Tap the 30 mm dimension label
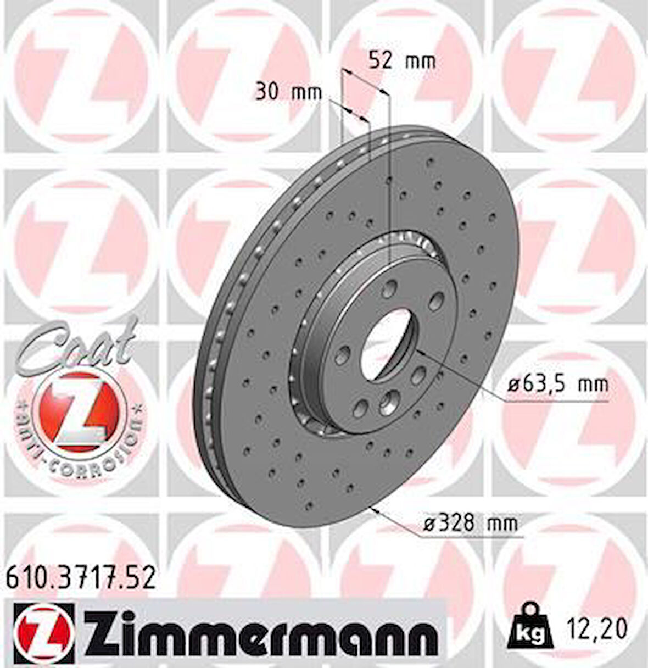click(x=288, y=92)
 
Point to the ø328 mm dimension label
click(x=470, y=523)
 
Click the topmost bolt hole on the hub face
click(x=392, y=286)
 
